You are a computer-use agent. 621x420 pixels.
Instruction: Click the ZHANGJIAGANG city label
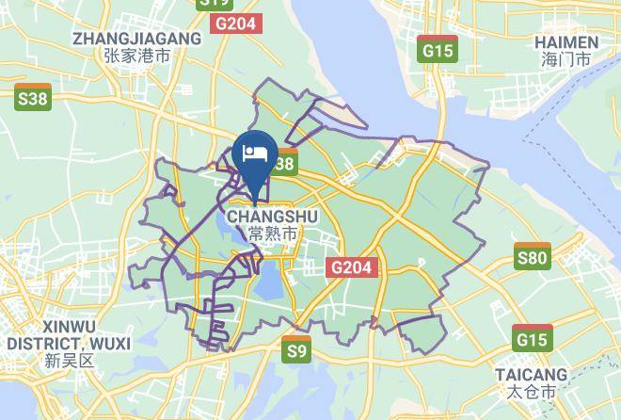pos(136,39)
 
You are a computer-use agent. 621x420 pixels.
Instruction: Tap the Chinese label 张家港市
pos(137,56)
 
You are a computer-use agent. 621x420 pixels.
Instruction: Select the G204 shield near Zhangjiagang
pos(234,24)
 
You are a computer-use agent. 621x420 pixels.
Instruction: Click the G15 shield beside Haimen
pos(438,50)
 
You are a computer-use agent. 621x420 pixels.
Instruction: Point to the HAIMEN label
pos(565,42)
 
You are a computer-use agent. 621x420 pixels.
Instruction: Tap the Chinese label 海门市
pos(565,59)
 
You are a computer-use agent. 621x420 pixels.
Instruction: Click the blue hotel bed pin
pos(254,154)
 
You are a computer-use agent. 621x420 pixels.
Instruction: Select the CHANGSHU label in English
pos(273,217)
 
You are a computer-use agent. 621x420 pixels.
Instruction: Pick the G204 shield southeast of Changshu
pos(353,267)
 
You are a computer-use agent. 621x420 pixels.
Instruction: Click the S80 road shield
pos(533,257)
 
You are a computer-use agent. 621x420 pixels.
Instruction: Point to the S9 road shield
pos(296,351)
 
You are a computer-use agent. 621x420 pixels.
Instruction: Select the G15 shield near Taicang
pos(533,337)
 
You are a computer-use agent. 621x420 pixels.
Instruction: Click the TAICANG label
pos(532,374)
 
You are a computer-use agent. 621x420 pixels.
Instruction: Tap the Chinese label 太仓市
pos(532,391)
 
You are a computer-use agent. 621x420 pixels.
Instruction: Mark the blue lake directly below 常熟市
pos(271,282)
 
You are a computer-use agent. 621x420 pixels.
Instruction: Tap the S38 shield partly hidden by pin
pos(283,164)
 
